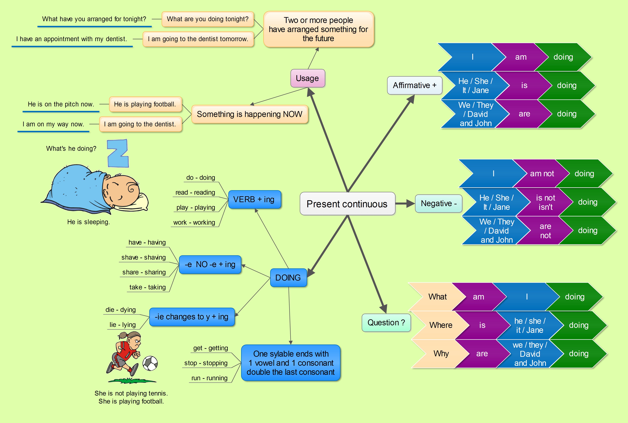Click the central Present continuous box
[347, 204]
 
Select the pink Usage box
[307, 78]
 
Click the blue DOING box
[288, 278]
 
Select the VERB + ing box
[254, 199]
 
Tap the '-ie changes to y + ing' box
[192, 317]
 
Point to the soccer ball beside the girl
[150, 363]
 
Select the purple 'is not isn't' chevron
[545, 202]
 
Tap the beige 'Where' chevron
[440, 325]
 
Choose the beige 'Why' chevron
[441, 353]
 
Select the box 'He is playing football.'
[145, 104]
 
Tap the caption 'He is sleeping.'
[88, 222]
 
